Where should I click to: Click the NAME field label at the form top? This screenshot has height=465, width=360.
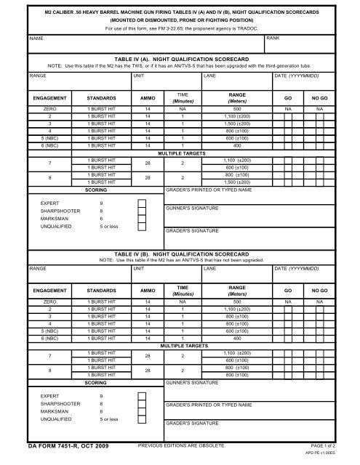click(12, 36)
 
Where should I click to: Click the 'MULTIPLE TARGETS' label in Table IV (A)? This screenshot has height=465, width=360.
click(180, 174)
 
